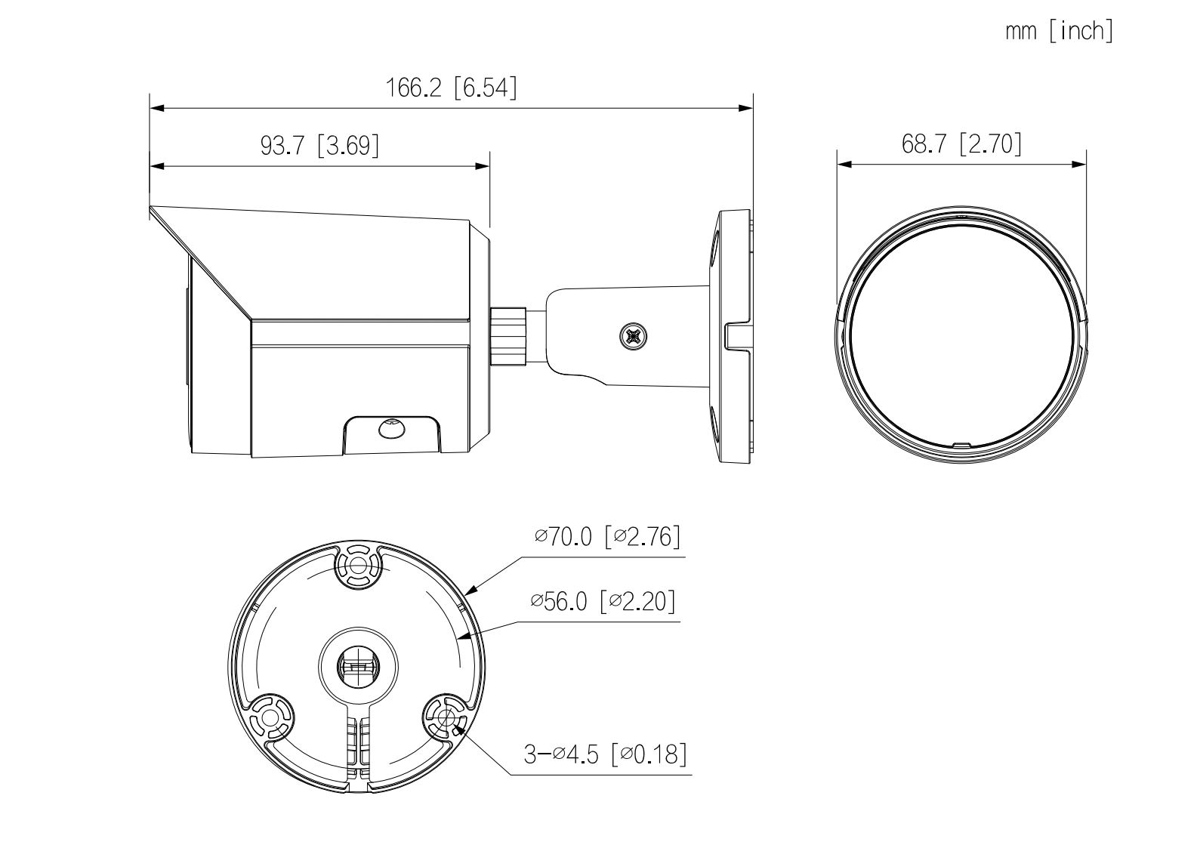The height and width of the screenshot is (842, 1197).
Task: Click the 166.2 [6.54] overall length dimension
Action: [x=452, y=88]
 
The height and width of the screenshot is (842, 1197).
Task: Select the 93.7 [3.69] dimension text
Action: [x=319, y=145]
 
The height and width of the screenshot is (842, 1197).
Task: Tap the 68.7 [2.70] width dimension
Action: [x=961, y=143]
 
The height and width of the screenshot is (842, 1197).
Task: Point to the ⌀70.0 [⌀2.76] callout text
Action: [x=607, y=537]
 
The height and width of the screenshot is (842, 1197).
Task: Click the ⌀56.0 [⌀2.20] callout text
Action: [x=603, y=602]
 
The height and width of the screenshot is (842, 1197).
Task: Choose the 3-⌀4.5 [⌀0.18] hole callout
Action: [x=606, y=754]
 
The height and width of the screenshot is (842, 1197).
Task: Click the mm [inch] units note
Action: [x=1059, y=32]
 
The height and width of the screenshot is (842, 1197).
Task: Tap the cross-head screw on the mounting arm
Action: [x=633, y=335]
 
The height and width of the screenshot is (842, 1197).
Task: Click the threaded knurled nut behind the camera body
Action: [x=508, y=335]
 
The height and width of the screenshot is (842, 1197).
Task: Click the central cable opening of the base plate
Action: [x=356, y=665]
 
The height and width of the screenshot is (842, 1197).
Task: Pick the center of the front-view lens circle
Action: [x=961, y=332]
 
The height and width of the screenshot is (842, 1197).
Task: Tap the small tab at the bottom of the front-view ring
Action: [x=961, y=446]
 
